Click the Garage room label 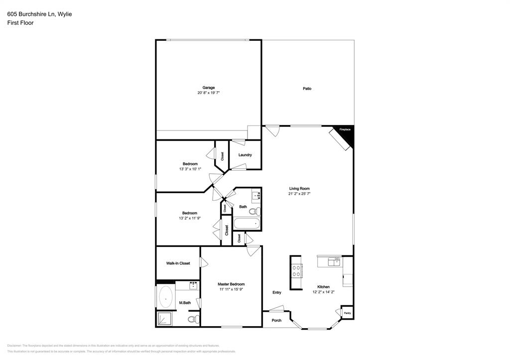pos(209,88)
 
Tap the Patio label pos(307,89)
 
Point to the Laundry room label pos(245,155)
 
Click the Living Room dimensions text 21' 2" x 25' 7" pos(300,194)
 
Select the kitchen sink pos(334,261)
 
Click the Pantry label pos(347,313)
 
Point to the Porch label pos(276,320)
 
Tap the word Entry pos(277,292)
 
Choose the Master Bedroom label pos(231,284)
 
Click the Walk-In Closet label pos(178,263)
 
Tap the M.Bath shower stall pos(165,319)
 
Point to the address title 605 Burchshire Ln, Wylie pos(39,14)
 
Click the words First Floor pos(20,23)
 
